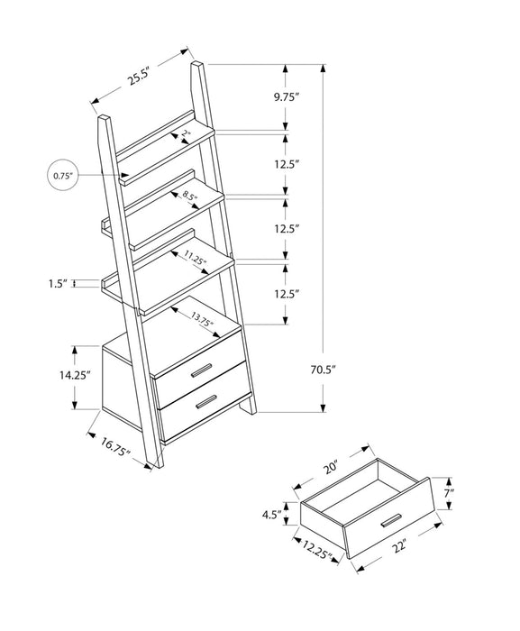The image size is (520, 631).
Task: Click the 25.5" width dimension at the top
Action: point(138,77)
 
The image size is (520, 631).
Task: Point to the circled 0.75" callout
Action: point(62,174)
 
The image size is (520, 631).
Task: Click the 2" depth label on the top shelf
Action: point(186,135)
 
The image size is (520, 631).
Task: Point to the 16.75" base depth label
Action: point(114,444)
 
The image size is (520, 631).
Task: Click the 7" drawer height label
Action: point(449,493)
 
